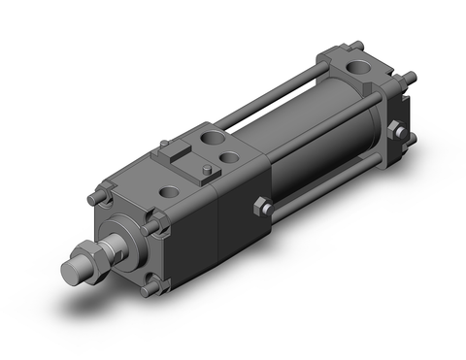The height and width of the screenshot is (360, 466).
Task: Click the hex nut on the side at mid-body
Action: click(259, 206)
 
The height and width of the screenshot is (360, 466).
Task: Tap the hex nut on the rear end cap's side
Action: click(396, 129)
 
